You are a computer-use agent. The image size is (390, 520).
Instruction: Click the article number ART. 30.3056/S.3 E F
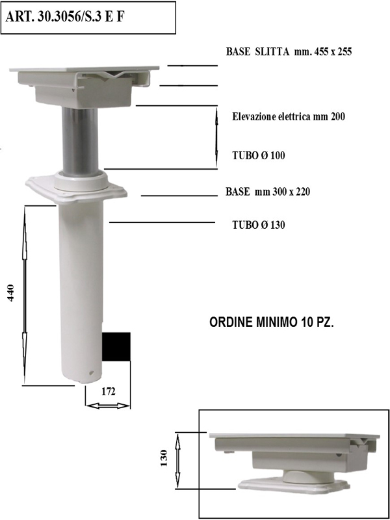(64, 18)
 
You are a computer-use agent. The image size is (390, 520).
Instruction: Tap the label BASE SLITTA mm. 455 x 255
(289, 52)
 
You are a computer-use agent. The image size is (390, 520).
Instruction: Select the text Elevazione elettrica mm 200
(289, 117)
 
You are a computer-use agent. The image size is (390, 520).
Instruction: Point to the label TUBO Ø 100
(258, 155)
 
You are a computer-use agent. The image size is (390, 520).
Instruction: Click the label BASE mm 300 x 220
(268, 192)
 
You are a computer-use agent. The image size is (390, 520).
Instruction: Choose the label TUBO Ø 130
(258, 225)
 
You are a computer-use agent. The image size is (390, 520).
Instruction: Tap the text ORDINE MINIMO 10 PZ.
(272, 322)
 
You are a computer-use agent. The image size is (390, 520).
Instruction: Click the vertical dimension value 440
(11, 292)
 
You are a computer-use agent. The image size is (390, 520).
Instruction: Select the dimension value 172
(108, 392)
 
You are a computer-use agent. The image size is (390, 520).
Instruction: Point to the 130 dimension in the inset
(164, 458)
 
